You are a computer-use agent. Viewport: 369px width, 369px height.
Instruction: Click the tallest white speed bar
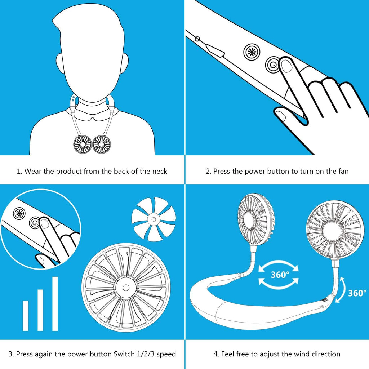click(55, 303)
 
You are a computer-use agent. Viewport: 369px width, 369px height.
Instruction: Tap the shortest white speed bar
click(26, 316)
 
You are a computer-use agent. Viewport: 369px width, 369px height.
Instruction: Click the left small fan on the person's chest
click(83, 144)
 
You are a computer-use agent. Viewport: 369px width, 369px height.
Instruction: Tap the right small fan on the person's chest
click(102, 144)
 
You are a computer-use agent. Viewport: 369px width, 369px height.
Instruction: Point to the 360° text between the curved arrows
click(280, 275)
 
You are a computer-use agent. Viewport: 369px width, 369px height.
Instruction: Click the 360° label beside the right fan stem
click(357, 293)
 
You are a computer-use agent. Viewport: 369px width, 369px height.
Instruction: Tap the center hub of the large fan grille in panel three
click(126, 287)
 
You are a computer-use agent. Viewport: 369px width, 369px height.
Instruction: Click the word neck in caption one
click(159, 171)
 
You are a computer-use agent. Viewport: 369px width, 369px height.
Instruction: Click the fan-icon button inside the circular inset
click(19, 214)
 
